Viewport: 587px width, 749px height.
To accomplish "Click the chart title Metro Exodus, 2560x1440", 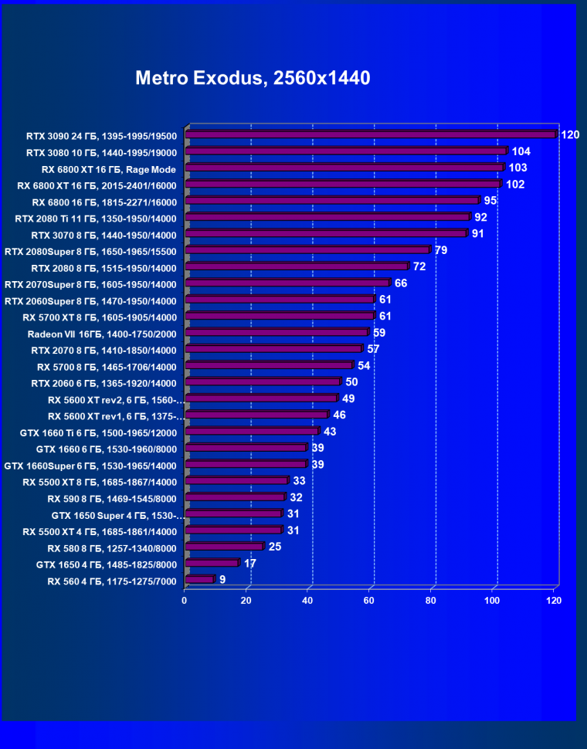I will pos(253,78).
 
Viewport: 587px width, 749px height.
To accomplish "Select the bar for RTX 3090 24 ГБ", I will pos(371,134).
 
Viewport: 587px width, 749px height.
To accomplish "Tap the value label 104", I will pos(521,151).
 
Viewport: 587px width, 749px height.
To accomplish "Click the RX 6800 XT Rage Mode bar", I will pos(344,168).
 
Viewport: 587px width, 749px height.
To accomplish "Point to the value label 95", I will pos(490,201).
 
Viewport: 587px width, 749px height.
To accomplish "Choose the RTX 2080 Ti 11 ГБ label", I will pos(96,218).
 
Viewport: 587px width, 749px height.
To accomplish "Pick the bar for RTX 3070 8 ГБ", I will pos(326,233).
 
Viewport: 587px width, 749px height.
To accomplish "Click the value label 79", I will pos(441,250).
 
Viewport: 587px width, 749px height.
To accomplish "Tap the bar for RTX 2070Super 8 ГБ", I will pos(287,283).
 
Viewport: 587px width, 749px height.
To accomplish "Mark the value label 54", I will pos(364,365).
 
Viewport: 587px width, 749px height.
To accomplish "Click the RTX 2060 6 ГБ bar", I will pos(263,381).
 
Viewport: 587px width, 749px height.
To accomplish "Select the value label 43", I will pos(330,432).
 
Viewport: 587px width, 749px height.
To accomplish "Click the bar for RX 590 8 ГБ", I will pos(235,497).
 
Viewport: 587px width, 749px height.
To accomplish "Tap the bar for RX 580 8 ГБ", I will pos(224,547).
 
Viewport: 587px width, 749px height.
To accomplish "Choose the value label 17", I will pos(250,564).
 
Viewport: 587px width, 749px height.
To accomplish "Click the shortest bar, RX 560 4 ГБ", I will pos(199,579).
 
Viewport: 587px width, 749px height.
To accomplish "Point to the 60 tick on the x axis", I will pos(369,600).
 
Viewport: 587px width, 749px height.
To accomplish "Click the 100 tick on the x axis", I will pos(492,600).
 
